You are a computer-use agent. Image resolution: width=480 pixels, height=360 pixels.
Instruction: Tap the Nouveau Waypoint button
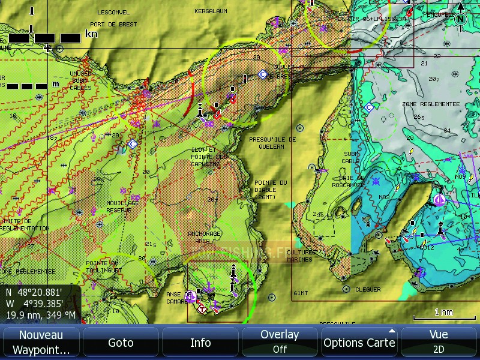(41, 342)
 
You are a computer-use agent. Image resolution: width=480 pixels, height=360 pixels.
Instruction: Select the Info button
(200, 343)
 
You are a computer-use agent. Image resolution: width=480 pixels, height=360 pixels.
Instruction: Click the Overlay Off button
(280, 342)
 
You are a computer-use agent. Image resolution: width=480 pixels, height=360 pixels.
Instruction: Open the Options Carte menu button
(359, 342)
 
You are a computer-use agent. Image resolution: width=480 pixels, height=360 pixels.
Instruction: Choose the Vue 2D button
(439, 342)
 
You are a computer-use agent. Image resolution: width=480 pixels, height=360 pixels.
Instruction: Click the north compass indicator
(460, 19)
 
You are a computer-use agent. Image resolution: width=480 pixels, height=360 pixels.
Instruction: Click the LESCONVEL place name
(113, 12)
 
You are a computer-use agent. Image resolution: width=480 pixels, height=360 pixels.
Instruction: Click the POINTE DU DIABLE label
(271, 189)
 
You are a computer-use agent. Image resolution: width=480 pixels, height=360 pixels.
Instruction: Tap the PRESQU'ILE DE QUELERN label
(272, 142)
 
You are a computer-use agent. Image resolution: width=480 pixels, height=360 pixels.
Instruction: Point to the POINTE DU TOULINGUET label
(103, 266)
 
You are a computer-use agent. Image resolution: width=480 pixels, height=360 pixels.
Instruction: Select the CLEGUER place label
(368, 289)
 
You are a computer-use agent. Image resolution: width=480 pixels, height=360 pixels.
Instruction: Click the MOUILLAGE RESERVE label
(123, 206)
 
